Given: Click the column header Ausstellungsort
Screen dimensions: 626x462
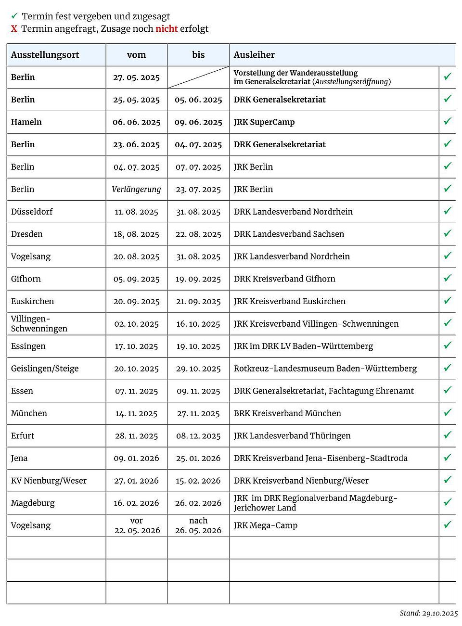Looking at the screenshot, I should pyautogui.click(x=45, y=55).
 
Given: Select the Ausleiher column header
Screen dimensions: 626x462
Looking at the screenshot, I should pyautogui.click(x=254, y=55).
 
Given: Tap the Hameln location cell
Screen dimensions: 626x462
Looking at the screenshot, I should pyautogui.click(x=26, y=122).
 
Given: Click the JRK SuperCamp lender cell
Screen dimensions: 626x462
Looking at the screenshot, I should pyautogui.click(x=264, y=122).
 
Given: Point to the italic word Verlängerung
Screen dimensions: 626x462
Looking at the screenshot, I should pyautogui.click(x=136, y=189).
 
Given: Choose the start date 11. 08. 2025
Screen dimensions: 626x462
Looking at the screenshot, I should pyautogui.click(x=136, y=212).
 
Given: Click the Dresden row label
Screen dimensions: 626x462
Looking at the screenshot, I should pyautogui.click(x=27, y=234).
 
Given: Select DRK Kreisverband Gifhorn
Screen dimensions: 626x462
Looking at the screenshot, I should pyautogui.click(x=284, y=279).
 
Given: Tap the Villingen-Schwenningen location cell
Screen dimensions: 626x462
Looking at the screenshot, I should pyautogui.click(x=39, y=324).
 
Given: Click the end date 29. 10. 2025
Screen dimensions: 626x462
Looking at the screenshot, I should pyautogui.click(x=198, y=369).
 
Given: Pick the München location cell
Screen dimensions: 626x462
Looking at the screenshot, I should pyautogui.click(x=29, y=413).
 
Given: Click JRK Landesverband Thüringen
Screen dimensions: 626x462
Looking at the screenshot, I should pyautogui.click(x=292, y=436).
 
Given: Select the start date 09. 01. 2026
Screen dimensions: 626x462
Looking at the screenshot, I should pyautogui.click(x=136, y=458).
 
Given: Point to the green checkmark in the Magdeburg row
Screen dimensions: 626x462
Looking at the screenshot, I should pyautogui.click(x=448, y=502).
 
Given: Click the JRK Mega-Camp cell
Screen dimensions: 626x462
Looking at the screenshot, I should pyautogui.click(x=266, y=525).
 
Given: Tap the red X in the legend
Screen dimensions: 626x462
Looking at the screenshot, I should pyautogui.click(x=14, y=29).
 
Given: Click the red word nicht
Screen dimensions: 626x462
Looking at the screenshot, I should pyautogui.click(x=167, y=29).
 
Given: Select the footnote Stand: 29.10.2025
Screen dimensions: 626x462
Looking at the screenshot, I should pyautogui.click(x=428, y=613).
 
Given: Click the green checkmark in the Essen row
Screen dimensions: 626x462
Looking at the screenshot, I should pyautogui.click(x=448, y=390).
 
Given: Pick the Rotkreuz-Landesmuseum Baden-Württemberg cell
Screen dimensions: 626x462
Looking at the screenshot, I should pyautogui.click(x=325, y=369).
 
